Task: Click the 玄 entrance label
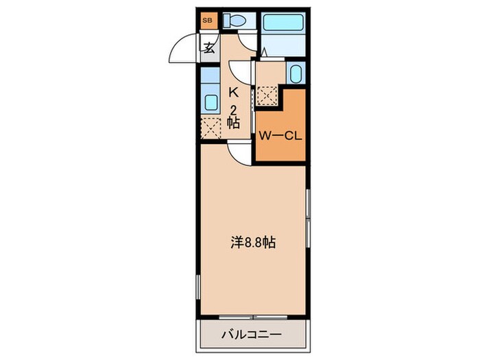pos(208,47)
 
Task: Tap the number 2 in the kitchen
pos(233,110)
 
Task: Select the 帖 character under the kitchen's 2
pos(233,123)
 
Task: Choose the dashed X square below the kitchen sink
pos(210,128)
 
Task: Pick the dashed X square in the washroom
pos(265,95)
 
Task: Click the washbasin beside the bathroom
pos(295,74)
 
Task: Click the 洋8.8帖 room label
pos(252,242)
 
